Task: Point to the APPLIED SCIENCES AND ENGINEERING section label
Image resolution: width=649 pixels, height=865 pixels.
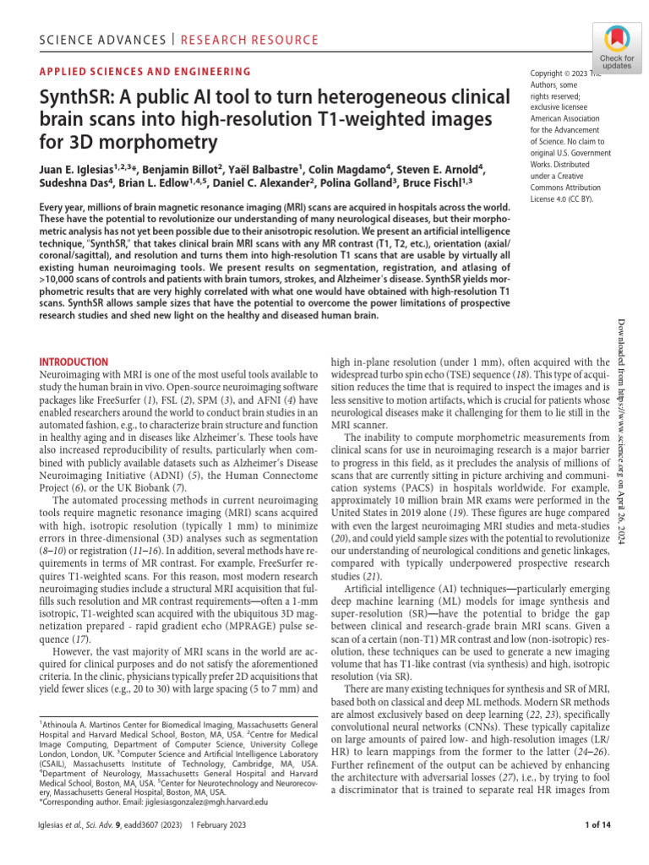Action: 146,73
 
